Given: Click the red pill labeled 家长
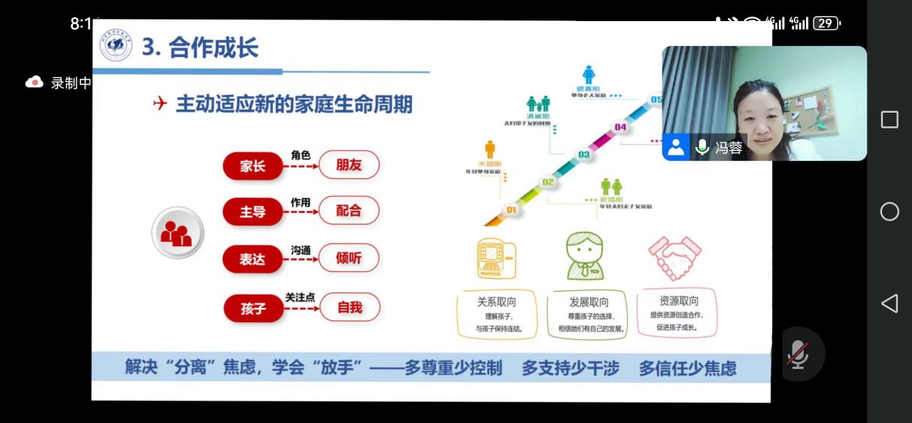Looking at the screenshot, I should pyautogui.click(x=253, y=166).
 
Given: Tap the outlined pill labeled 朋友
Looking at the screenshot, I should pyautogui.click(x=349, y=165).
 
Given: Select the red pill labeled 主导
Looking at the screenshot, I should pyautogui.click(x=253, y=212).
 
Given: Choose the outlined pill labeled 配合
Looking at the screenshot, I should pyautogui.click(x=349, y=211).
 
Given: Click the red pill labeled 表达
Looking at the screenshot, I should pyautogui.click(x=253, y=259).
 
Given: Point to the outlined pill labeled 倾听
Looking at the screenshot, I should pyautogui.click(x=349, y=258).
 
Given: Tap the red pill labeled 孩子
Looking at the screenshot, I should pyautogui.click(x=253, y=307).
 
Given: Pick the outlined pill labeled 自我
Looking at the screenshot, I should pyautogui.click(x=350, y=307).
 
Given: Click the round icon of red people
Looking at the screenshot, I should pyautogui.click(x=177, y=234).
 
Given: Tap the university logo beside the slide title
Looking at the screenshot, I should pyautogui.click(x=116, y=47).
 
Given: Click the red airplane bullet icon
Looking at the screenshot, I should pyautogui.click(x=159, y=104).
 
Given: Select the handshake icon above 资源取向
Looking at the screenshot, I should pyautogui.click(x=675, y=258).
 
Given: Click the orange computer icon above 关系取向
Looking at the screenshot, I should pyautogui.click(x=496, y=258).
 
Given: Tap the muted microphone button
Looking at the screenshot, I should pyautogui.click(x=798, y=354).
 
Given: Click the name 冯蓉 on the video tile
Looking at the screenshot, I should pyautogui.click(x=729, y=148).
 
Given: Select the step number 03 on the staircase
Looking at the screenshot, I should pyautogui.click(x=584, y=155).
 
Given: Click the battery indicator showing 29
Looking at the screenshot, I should pyautogui.click(x=826, y=23).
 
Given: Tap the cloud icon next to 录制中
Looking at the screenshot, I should pyautogui.click(x=35, y=83).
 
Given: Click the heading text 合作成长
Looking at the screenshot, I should pyautogui.click(x=214, y=47).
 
